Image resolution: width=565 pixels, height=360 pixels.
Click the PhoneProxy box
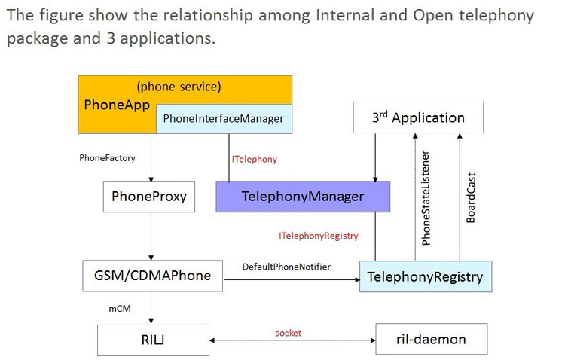[x=149, y=197]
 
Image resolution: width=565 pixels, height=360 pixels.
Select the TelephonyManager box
[x=303, y=197]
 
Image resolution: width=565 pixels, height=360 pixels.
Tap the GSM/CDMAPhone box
[x=152, y=276]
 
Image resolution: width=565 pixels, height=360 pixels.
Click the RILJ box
[x=153, y=340]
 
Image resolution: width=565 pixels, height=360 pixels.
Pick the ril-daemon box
[x=432, y=339]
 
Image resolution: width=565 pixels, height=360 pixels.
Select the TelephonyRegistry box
[x=426, y=276]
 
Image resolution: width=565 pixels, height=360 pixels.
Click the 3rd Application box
[x=418, y=117]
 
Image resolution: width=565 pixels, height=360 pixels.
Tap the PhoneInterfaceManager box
[x=224, y=119]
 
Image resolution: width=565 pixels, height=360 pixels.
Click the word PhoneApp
[x=117, y=105]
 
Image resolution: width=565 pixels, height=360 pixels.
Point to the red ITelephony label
[x=255, y=159]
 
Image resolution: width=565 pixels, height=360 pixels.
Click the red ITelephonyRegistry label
[x=319, y=236]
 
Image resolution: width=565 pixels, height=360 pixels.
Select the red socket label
[x=289, y=333]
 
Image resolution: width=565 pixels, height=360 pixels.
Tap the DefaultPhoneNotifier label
[x=286, y=267]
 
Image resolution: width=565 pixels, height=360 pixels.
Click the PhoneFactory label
[x=108, y=158]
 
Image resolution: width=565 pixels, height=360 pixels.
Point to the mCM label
[x=120, y=309]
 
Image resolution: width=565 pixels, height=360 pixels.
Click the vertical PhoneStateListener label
[x=426, y=198]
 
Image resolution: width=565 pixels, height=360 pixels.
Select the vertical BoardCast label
[x=471, y=198]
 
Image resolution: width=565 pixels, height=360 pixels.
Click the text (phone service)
[x=179, y=87]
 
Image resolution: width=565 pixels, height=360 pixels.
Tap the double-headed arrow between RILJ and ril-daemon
[x=292, y=340]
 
